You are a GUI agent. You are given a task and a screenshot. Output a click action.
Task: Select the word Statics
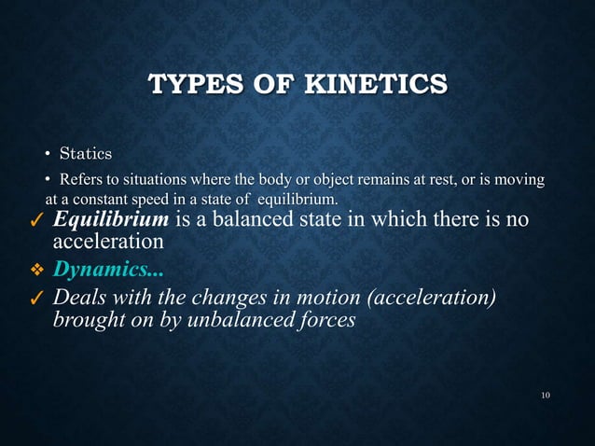click(86, 152)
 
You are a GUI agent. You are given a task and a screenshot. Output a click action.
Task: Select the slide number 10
click(546, 397)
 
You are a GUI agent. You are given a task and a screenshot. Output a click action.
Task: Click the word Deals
click(82, 297)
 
